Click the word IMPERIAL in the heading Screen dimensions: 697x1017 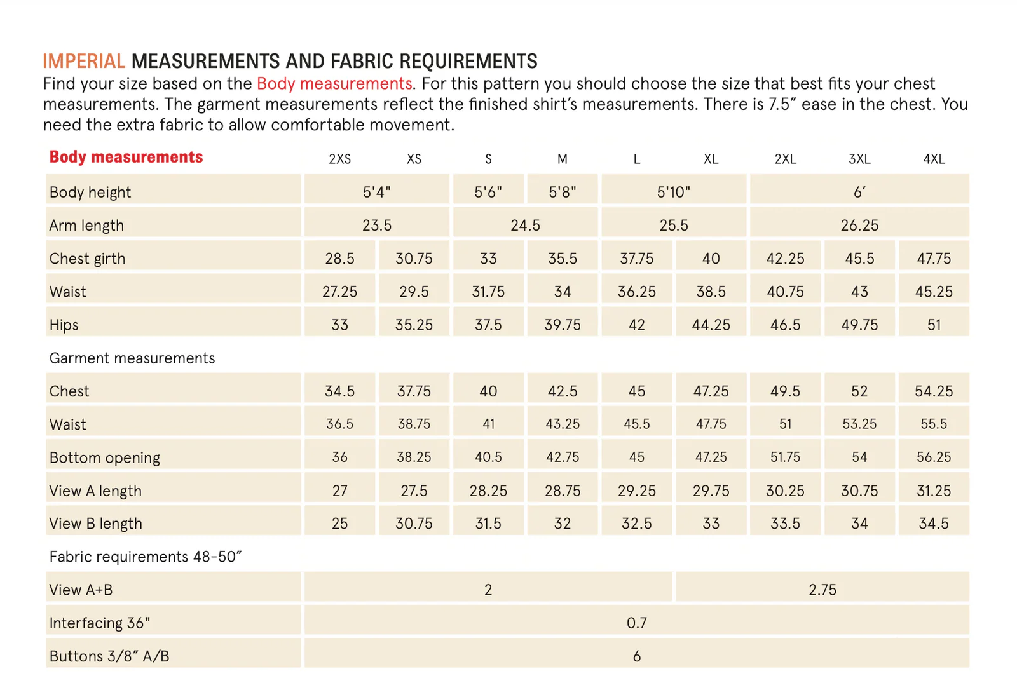[x=84, y=61]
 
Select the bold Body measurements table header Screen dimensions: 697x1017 [x=126, y=157]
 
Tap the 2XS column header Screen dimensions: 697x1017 [x=339, y=159]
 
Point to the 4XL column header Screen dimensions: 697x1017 [x=934, y=159]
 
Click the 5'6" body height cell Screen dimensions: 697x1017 [x=488, y=192]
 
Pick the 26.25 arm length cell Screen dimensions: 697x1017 [x=859, y=225]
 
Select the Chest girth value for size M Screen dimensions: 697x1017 [x=563, y=259]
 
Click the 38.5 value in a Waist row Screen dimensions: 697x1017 [x=711, y=292]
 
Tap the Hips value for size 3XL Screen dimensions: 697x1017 [x=859, y=325]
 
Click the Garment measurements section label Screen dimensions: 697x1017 [x=132, y=358]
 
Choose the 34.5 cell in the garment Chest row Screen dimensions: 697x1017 [x=339, y=391]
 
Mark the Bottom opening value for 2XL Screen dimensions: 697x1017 [x=785, y=457]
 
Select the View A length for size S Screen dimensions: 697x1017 [x=488, y=491]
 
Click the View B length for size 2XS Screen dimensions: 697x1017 [x=339, y=524]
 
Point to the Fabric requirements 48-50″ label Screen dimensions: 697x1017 [x=146, y=557]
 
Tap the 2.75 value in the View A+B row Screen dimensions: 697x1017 [x=822, y=590]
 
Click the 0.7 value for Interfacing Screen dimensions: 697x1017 [x=636, y=623]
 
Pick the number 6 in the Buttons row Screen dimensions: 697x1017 [x=636, y=656]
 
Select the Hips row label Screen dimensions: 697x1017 [x=64, y=325]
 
